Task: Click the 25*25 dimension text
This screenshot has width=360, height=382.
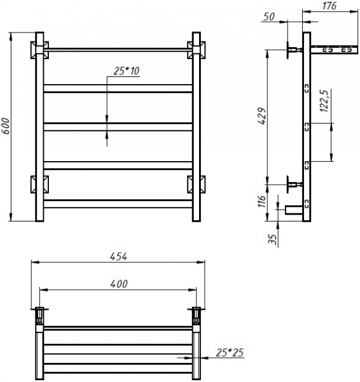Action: (230, 351)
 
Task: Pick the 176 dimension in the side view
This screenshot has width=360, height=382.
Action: (328, 6)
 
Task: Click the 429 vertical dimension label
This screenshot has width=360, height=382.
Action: (261, 117)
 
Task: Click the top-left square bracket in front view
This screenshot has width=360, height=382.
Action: (39, 49)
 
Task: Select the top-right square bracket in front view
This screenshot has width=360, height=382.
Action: (195, 49)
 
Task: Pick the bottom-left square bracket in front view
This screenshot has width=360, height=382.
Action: (39, 184)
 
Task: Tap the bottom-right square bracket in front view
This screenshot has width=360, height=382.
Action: (195, 184)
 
